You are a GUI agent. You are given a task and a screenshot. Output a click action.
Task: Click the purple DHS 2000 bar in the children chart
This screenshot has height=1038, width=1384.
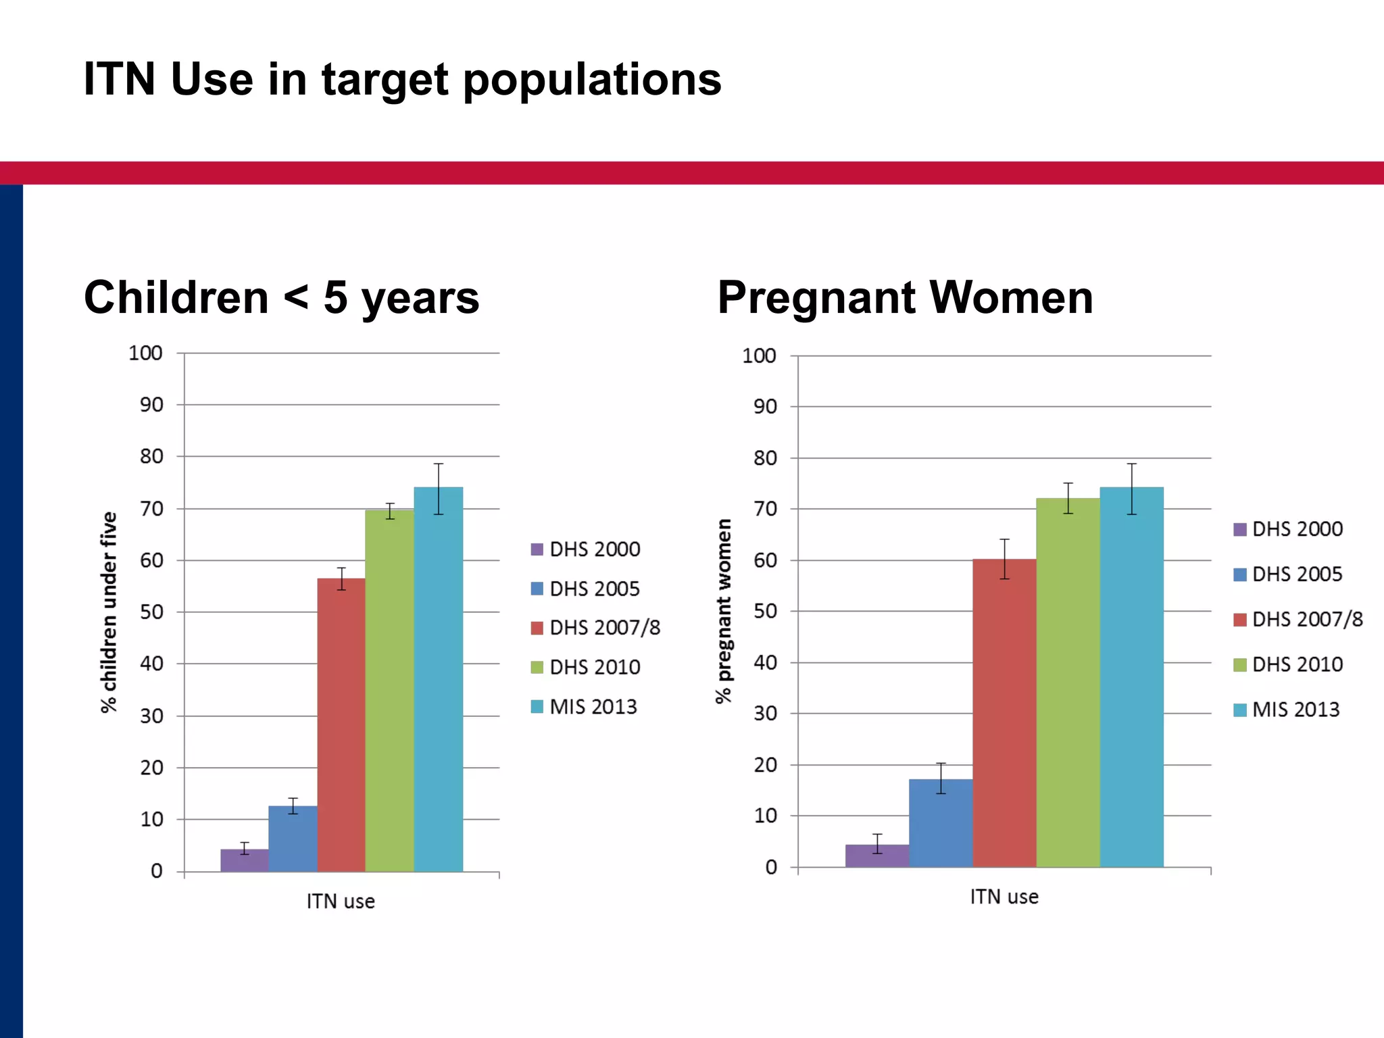click(245, 860)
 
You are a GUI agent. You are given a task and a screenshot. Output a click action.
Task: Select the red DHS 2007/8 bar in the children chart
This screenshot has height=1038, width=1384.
click(341, 723)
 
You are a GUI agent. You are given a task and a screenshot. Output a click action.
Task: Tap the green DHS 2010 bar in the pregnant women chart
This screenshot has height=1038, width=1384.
click(1068, 683)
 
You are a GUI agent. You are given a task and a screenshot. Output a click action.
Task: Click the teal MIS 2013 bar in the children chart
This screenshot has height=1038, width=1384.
click(439, 679)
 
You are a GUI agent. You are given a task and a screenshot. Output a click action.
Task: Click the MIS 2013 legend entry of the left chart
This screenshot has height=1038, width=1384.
click(585, 707)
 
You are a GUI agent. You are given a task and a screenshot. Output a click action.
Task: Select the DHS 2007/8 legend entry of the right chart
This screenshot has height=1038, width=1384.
click(1297, 619)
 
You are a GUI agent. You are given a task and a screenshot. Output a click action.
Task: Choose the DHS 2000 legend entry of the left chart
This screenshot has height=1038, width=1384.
click(586, 549)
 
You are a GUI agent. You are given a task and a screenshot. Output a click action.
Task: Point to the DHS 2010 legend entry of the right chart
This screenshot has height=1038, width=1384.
click(1288, 664)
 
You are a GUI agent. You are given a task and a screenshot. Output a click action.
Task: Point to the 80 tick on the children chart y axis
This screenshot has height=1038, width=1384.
click(152, 457)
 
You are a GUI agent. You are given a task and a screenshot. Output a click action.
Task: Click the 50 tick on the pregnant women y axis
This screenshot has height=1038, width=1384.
click(765, 611)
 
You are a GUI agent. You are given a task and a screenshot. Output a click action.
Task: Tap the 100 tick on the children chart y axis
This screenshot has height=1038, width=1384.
click(146, 353)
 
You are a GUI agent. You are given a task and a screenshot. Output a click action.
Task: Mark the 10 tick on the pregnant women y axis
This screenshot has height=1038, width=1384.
click(765, 816)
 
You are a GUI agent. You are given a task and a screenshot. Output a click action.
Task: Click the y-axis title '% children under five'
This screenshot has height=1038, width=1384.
click(109, 612)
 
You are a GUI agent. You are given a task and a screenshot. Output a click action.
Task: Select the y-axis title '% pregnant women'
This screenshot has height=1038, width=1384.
click(724, 611)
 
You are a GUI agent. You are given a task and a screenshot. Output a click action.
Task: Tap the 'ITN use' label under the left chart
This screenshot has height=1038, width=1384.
click(341, 901)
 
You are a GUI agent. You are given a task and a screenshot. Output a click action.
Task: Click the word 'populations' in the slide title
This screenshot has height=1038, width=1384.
click(592, 80)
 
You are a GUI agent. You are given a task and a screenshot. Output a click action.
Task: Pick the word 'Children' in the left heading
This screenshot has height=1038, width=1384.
click(176, 297)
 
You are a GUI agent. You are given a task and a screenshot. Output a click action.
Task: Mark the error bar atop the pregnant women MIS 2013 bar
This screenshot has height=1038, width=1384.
click(1132, 489)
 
